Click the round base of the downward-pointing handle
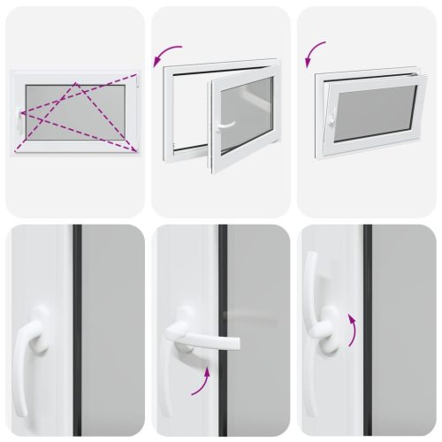coord(39,319)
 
